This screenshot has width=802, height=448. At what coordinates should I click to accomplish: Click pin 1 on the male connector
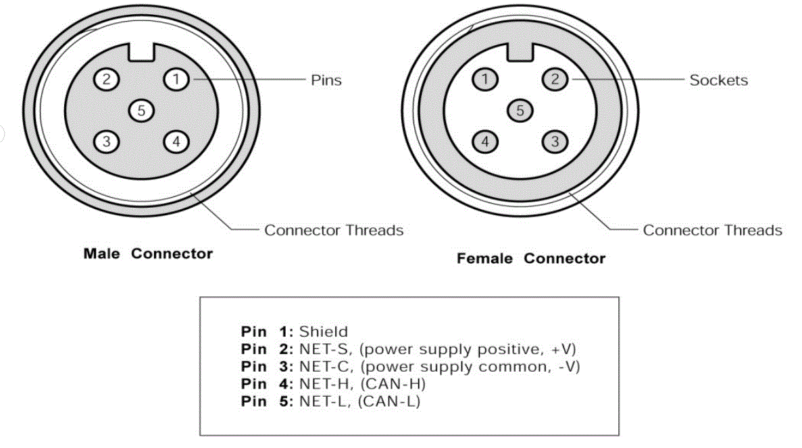(176, 80)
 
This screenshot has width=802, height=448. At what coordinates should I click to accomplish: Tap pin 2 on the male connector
(106, 80)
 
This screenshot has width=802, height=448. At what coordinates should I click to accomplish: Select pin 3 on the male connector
(106, 142)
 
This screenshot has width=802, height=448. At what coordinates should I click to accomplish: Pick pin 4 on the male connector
(176, 142)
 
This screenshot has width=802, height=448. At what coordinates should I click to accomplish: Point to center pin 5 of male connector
(141, 110)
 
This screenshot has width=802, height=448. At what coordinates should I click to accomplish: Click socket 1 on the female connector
(484, 80)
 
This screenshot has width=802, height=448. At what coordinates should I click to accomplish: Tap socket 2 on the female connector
(555, 80)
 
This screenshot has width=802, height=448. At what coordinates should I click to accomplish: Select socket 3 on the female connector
(555, 142)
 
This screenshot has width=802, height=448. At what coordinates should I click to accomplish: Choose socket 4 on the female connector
(484, 142)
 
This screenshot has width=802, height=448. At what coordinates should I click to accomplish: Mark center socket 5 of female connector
(520, 110)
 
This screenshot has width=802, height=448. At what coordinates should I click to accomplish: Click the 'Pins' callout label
(326, 80)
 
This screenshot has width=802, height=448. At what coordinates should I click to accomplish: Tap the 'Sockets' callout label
(718, 80)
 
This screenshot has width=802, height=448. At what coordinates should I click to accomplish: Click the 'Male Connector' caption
(148, 254)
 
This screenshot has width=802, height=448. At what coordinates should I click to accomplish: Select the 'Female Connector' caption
(531, 258)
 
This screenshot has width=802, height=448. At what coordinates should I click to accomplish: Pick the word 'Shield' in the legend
(324, 332)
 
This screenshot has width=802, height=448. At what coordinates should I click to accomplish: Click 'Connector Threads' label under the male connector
(334, 231)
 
